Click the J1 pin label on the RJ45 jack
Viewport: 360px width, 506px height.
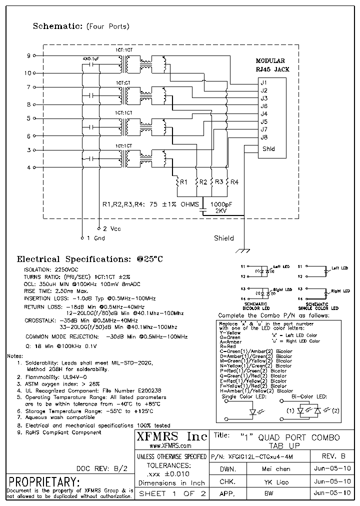(x=264, y=82)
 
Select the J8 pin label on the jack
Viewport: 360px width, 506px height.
(x=264, y=137)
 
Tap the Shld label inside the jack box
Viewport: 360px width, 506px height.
(x=268, y=148)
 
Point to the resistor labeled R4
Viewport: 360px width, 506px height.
(x=227, y=182)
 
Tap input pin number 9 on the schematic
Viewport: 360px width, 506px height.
(x=28, y=55)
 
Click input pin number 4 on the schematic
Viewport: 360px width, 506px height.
(x=28, y=167)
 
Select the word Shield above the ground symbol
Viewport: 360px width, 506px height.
(x=223, y=238)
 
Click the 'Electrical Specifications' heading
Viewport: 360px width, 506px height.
(x=90, y=259)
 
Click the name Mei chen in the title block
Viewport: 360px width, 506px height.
(x=275, y=469)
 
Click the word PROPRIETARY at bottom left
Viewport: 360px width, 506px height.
(x=44, y=482)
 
